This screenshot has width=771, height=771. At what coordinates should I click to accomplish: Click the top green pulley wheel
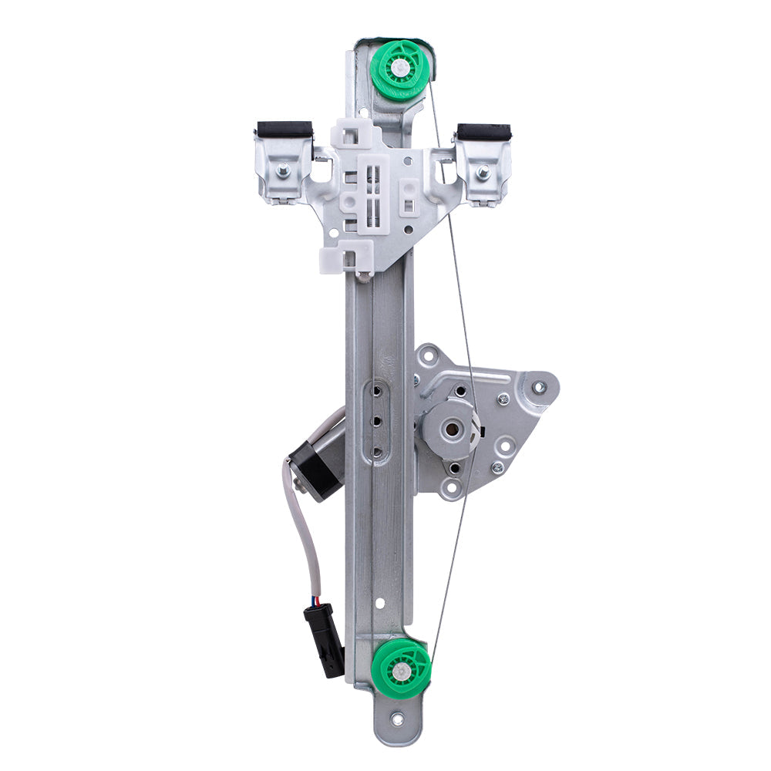[399, 69]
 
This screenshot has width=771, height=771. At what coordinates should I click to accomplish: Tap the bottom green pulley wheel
[399, 670]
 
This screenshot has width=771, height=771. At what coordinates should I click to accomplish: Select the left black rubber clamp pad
[284, 130]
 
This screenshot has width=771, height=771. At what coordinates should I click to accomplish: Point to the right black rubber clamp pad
[483, 132]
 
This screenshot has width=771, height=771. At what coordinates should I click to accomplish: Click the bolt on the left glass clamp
[284, 170]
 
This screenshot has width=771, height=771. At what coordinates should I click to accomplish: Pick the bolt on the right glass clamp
[483, 173]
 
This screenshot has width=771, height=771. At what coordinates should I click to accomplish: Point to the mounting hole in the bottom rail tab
[397, 720]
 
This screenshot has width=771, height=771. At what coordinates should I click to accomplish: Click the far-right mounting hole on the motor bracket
[538, 386]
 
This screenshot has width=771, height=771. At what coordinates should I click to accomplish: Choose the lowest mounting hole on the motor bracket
[446, 487]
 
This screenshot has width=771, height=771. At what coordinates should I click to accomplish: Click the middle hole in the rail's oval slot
[378, 423]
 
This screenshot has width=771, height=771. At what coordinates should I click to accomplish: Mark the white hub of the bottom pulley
[399, 671]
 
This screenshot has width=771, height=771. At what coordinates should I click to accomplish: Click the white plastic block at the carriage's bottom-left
[346, 256]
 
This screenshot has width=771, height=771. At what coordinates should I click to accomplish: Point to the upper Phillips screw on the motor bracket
[503, 399]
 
